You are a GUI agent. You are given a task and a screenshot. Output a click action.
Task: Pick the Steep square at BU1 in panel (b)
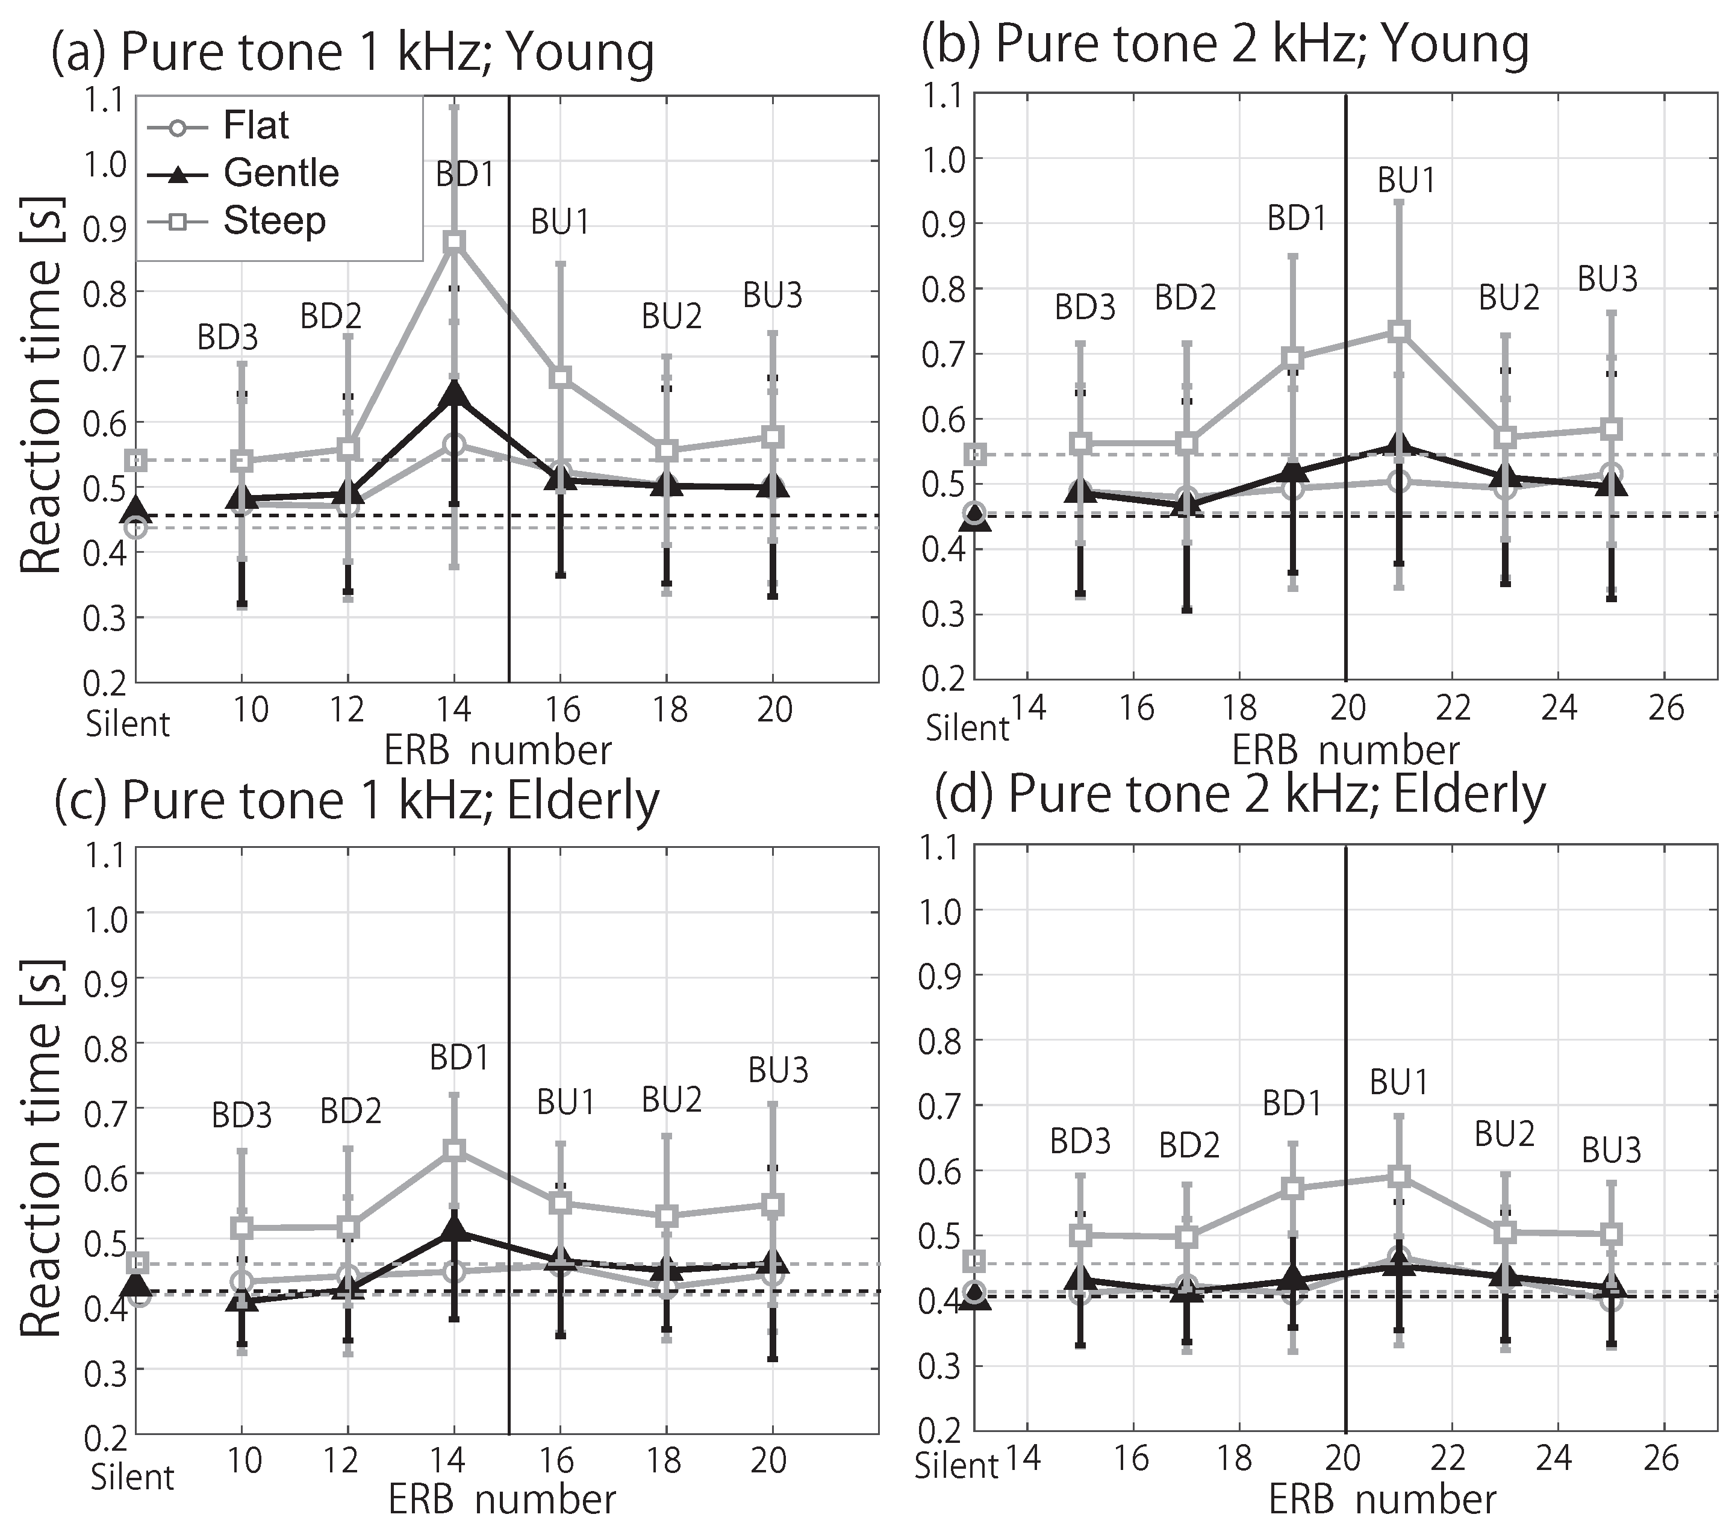1399,331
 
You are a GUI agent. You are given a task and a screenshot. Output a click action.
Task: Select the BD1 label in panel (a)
464,175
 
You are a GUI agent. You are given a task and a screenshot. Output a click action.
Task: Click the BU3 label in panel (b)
1607,279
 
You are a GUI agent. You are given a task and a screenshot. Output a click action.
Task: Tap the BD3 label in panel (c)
241,1116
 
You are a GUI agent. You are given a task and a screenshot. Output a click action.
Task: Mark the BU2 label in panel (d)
1504,1135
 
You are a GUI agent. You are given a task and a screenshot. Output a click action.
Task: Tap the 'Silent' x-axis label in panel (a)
128,724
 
